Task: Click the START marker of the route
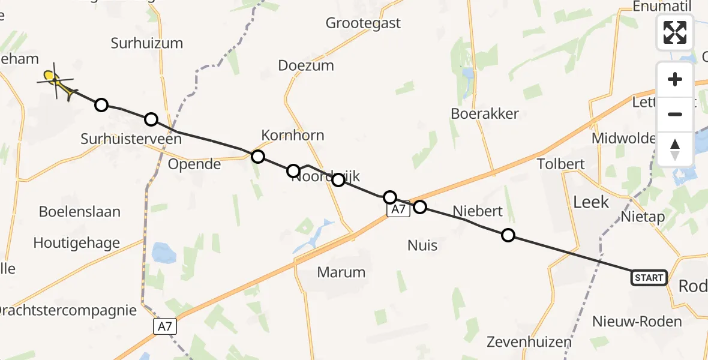pos(649,277)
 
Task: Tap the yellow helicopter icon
pos(57,82)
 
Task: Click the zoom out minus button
pos(675,114)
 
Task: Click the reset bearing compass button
pos(675,148)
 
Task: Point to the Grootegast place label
pos(363,23)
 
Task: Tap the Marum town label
pos(341,272)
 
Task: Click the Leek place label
pos(591,202)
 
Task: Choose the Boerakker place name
pos(485,113)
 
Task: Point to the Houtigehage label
pos(76,243)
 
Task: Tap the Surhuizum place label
pos(147,43)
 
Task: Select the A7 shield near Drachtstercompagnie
pos(165,326)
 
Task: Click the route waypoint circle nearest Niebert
pos(508,235)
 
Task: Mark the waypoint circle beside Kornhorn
pos(257,157)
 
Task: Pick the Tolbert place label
pos(560,164)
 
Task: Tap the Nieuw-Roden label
pos(637,322)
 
